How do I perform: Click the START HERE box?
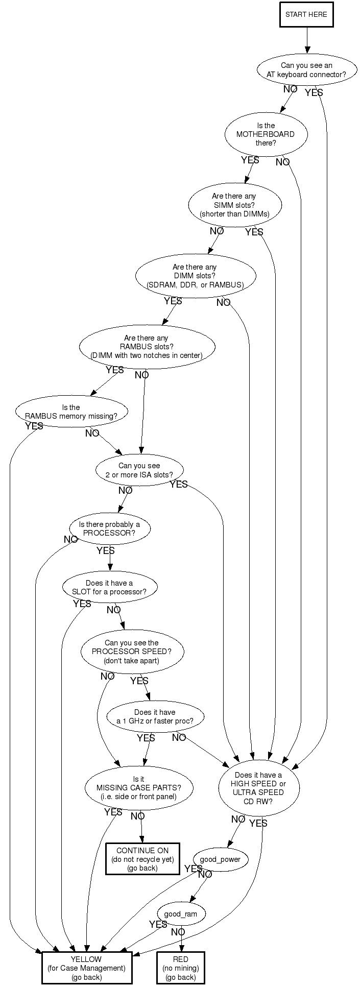(x=306, y=14)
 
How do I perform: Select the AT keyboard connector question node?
(x=306, y=70)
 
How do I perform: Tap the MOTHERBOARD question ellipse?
(x=266, y=134)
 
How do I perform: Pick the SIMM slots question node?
(x=234, y=205)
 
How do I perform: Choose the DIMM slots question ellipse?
(x=195, y=276)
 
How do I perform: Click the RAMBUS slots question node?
(x=146, y=347)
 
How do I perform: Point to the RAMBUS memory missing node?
(x=71, y=412)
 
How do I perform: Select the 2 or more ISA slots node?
(x=139, y=470)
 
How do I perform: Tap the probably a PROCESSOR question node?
(x=110, y=529)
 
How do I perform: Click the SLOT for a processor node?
(x=110, y=587)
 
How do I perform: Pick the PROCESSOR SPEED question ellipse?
(x=132, y=652)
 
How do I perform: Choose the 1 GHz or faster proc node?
(x=155, y=716)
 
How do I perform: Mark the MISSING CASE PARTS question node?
(x=139, y=788)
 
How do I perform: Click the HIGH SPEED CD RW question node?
(x=258, y=788)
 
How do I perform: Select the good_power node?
(x=220, y=859)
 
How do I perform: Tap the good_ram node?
(x=181, y=913)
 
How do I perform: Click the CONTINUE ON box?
(x=142, y=859)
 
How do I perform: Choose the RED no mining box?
(x=180, y=968)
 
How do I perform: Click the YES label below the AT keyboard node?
(x=314, y=93)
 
